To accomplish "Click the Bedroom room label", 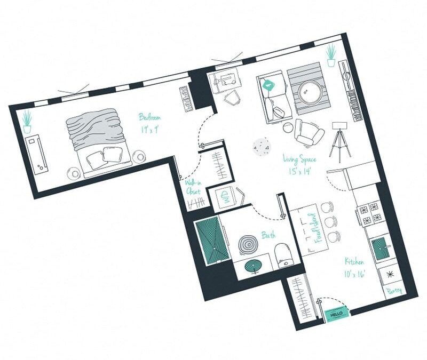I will [149, 122].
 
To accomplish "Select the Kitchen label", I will [354, 267].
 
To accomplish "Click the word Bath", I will [268, 234].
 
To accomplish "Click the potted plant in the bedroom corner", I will [27, 121].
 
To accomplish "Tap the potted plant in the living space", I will [331, 55].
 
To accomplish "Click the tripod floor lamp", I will [339, 141].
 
